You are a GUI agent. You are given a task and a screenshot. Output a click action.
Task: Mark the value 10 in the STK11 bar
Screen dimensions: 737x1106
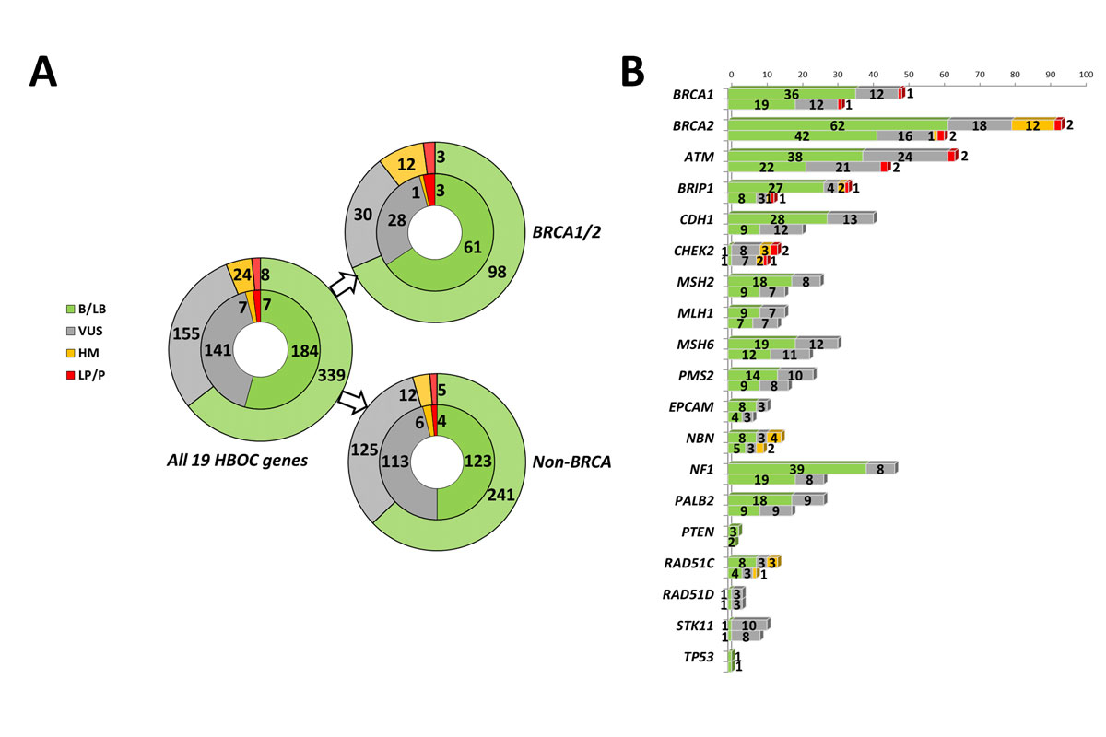(749, 625)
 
